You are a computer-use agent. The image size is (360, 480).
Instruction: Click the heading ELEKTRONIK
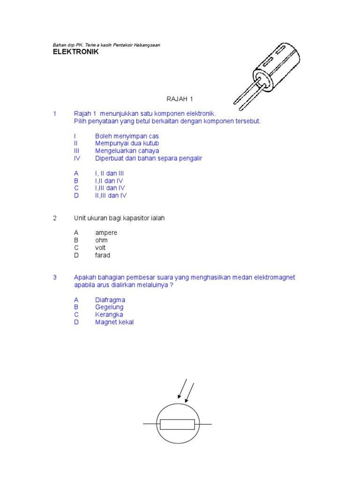click(x=75, y=52)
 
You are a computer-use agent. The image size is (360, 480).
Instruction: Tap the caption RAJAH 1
click(x=180, y=99)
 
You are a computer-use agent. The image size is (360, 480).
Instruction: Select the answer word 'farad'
click(x=103, y=255)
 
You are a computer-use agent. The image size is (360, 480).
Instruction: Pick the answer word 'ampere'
click(x=106, y=233)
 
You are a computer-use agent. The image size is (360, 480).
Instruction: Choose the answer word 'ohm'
click(x=101, y=240)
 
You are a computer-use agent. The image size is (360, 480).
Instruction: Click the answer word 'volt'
click(x=100, y=248)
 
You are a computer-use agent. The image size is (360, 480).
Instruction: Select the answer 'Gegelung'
click(x=109, y=307)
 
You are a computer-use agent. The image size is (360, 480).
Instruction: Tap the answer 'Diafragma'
click(x=110, y=300)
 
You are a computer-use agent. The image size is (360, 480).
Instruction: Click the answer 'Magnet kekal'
click(x=114, y=322)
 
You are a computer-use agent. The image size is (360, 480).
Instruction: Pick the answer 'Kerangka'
click(x=109, y=315)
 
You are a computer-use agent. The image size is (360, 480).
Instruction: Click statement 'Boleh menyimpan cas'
click(x=127, y=136)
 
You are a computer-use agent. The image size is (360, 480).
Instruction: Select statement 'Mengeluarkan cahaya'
click(x=127, y=151)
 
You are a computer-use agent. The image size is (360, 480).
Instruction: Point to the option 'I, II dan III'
click(x=109, y=173)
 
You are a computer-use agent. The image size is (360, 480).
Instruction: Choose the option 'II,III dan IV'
click(x=111, y=195)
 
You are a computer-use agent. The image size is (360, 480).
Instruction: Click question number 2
click(x=55, y=218)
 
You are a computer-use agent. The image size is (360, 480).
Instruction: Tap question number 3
click(x=55, y=277)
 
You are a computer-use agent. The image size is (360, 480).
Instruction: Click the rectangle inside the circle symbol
click(x=177, y=424)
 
